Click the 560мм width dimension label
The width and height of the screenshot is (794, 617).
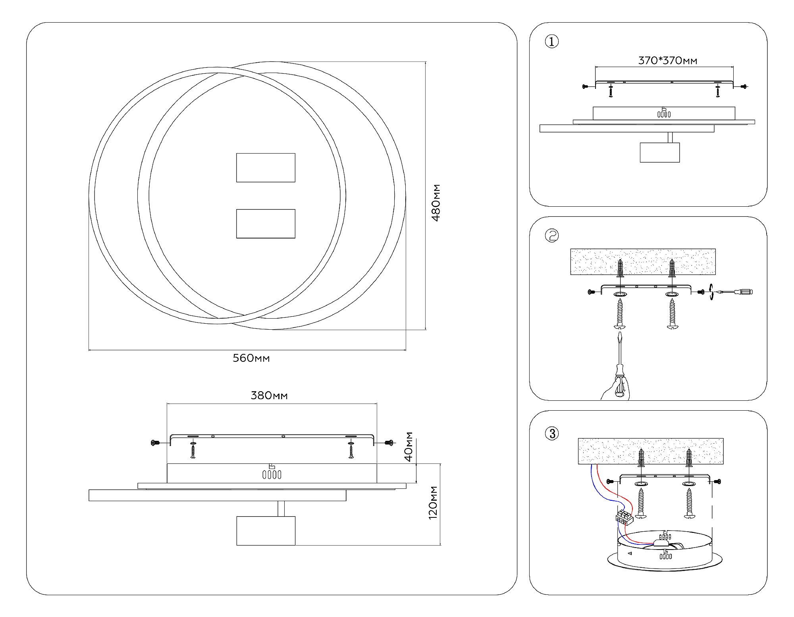251,358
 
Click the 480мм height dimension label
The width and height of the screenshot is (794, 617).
436,203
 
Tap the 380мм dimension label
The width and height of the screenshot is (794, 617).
269,396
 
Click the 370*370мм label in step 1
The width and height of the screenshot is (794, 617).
667,61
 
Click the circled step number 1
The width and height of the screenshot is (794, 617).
552,42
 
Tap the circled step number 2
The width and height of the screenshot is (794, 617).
552,236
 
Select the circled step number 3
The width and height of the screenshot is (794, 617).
552,434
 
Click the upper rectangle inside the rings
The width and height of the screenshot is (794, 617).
266,168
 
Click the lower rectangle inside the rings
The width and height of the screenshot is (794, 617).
266,224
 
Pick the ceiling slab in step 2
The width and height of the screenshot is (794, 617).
643,261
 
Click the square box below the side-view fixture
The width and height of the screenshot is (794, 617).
266,531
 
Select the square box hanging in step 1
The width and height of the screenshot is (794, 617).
659,152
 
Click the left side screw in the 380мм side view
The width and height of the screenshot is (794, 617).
155,443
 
